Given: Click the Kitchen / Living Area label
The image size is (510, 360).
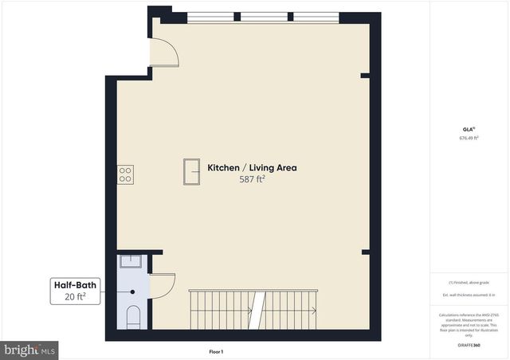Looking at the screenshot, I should [x=252, y=168].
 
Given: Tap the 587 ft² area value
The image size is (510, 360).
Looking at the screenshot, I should [x=252, y=180].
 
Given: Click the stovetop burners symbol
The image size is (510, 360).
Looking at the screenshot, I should [x=125, y=174].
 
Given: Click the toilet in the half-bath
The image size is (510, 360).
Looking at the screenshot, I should [x=133, y=316].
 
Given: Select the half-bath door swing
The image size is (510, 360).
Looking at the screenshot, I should [x=162, y=284].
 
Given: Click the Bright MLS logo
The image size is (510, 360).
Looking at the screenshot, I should [x=30, y=349].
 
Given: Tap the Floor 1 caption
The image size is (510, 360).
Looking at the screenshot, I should [x=216, y=351].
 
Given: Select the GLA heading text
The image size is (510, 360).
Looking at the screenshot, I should [x=468, y=129].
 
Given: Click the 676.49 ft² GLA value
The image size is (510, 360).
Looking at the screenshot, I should [x=469, y=138].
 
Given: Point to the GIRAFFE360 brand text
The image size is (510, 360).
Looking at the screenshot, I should [x=469, y=346].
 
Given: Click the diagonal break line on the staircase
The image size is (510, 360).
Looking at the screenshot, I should [x=257, y=309].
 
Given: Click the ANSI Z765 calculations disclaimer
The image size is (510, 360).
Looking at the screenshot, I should [x=469, y=323].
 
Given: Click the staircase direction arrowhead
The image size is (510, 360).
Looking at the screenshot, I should [x=315, y=310].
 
